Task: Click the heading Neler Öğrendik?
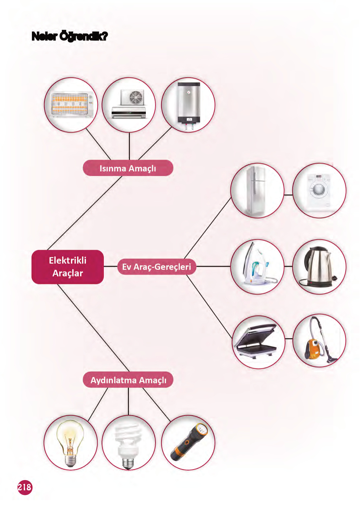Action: (x=69, y=36)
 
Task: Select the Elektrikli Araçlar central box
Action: (x=68, y=267)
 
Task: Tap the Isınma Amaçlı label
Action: (x=128, y=168)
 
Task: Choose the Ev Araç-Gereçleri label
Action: (x=157, y=267)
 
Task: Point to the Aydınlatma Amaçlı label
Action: (x=128, y=380)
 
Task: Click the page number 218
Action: (x=25, y=487)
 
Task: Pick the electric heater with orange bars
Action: (x=71, y=104)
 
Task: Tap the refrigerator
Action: (x=256, y=190)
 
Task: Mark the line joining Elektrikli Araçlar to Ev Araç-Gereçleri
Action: (x=110, y=267)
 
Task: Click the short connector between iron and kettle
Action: (x=288, y=266)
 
